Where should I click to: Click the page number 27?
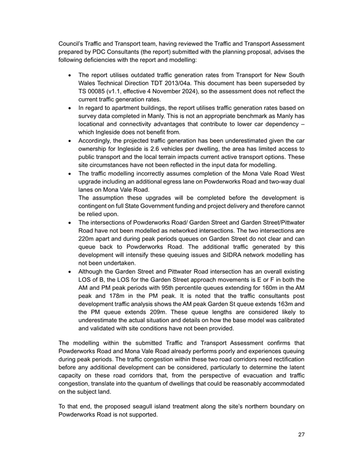tap(301, 435)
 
